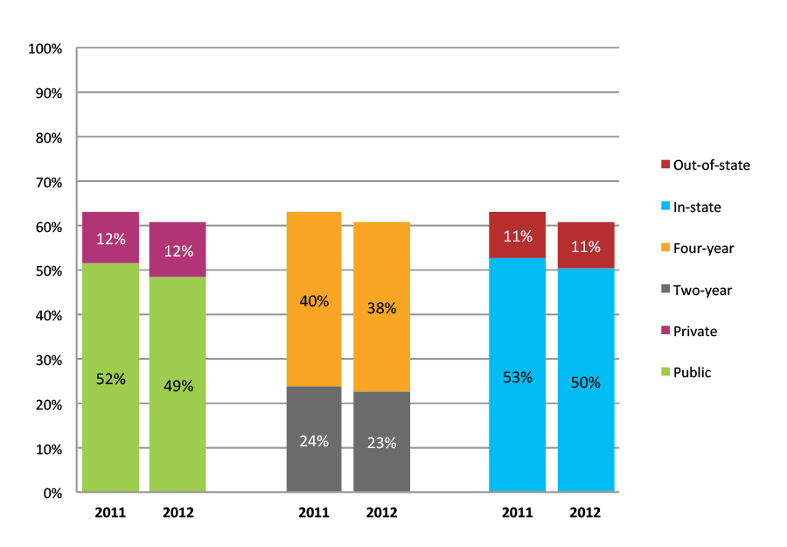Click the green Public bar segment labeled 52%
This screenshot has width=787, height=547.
(110, 378)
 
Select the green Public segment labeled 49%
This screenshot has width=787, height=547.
(178, 384)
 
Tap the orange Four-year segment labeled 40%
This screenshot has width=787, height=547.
(314, 299)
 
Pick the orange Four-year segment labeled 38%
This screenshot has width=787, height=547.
(381, 307)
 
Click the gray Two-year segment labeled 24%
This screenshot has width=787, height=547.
(314, 439)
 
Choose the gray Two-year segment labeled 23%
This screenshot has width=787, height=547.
(381, 442)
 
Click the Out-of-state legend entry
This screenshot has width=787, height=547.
(705, 165)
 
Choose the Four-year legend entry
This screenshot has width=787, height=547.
(697, 248)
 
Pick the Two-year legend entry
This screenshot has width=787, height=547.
(696, 290)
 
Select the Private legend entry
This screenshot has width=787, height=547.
(689, 331)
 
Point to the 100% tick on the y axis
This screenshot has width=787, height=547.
(45, 49)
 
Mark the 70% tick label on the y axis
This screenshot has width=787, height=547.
(48, 182)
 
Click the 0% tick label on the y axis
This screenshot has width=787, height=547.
(52, 493)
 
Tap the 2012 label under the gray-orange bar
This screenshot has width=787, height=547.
(381, 513)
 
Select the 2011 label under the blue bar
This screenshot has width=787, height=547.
(517, 513)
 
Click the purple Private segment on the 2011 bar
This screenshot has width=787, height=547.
(110, 237)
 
